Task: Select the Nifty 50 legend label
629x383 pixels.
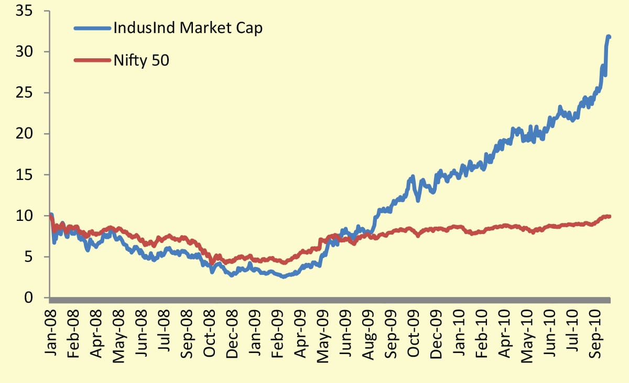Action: coord(141,60)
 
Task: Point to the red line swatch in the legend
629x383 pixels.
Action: coord(92,60)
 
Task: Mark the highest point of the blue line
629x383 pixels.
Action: coord(609,36)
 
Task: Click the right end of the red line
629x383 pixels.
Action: coord(609,216)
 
